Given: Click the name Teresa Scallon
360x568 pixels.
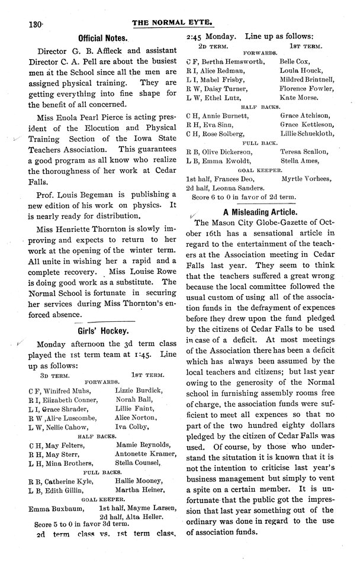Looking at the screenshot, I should tap(302, 151).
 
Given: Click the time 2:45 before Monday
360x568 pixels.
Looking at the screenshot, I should tap(194, 35).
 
